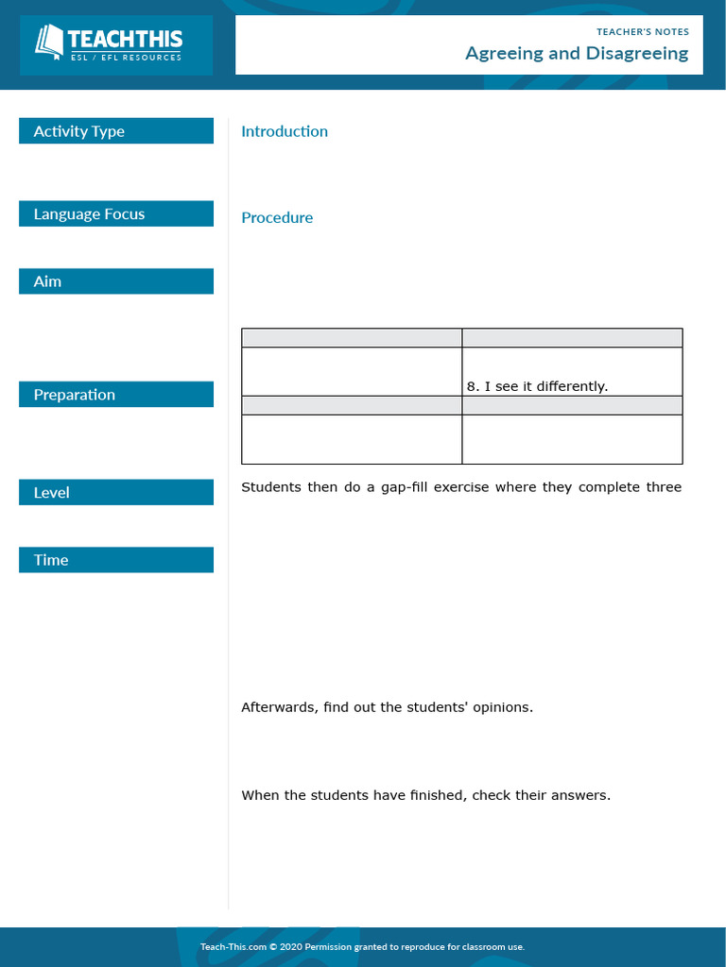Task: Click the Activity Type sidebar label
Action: pyautogui.click(x=79, y=131)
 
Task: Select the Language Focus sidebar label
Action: pyautogui.click(x=90, y=214)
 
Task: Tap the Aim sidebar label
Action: pyautogui.click(x=47, y=281)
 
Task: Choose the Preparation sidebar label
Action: pyautogui.click(x=75, y=395)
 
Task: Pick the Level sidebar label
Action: pyautogui.click(x=52, y=493)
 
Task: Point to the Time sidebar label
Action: pyautogui.click(x=51, y=560)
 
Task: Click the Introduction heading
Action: pyautogui.click(x=285, y=131)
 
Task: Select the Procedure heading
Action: pyautogui.click(x=277, y=218)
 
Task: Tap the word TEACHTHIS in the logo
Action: pyautogui.click(x=124, y=40)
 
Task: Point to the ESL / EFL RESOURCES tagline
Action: pyautogui.click(x=126, y=58)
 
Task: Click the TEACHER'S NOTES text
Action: pyautogui.click(x=643, y=32)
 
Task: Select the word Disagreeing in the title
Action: pyautogui.click(x=637, y=54)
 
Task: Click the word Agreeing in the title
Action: pyautogui.click(x=505, y=54)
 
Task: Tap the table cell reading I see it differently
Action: pyautogui.click(x=537, y=386)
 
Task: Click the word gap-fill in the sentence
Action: pyautogui.click(x=402, y=487)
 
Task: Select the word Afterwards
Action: pyautogui.click(x=280, y=707)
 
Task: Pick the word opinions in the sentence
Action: pyautogui.click(x=500, y=707)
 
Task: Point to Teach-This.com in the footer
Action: pyautogui.click(x=232, y=946)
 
